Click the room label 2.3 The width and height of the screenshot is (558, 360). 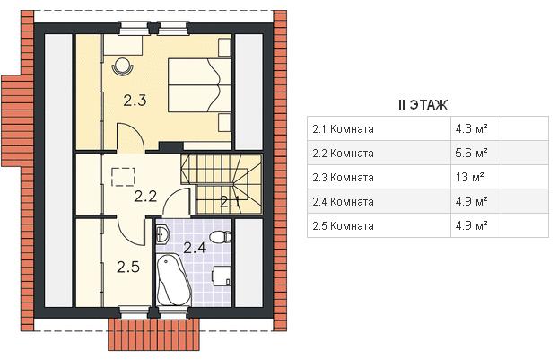tap(135, 101)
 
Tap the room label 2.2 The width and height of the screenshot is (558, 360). tap(145, 196)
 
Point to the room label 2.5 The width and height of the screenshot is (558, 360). tap(128, 267)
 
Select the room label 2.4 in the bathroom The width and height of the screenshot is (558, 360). tap(195, 247)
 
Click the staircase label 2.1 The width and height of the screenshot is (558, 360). tap(230, 202)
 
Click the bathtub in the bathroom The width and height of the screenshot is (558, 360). tap(174, 280)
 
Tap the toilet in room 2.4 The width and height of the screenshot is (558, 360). tap(221, 236)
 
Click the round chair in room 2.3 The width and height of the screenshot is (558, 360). tap(123, 66)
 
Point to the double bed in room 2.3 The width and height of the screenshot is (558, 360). tap(200, 85)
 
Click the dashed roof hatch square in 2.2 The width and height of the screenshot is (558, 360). tap(124, 177)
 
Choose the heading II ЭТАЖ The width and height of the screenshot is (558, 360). tap(423, 105)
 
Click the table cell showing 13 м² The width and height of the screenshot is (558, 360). tap(469, 177)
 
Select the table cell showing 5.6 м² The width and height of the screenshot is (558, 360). tap(471, 153)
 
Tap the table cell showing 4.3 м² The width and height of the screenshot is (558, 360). tap(471, 128)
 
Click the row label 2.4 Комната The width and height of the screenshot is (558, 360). tap(343, 201)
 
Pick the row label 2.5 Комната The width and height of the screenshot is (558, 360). tap(343, 225)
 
